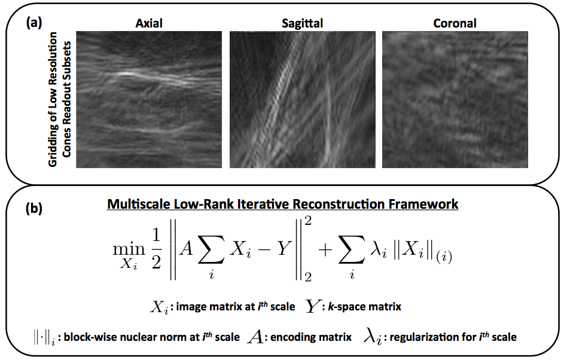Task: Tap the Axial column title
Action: (x=150, y=24)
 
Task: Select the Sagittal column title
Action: (x=303, y=24)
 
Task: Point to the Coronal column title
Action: (x=455, y=24)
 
